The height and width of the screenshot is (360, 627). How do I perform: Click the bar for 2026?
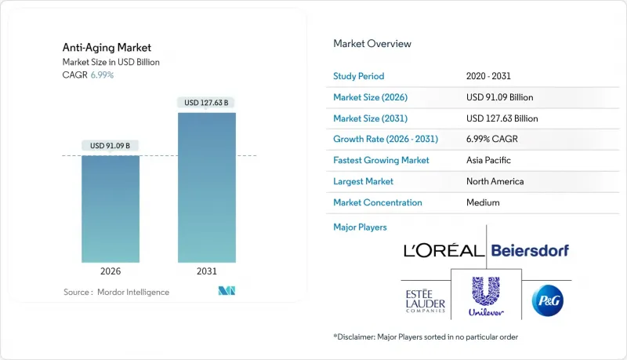pyautogui.click(x=111, y=209)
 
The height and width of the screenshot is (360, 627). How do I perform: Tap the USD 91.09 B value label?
pyautogui.click(x=111, y=145)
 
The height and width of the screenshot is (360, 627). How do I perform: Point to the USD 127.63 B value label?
pyautogui.click(x=207, y=103)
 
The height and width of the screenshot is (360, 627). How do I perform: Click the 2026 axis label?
pyautogui.click(x=111, y=271)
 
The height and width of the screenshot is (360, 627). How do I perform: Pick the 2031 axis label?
pyautogui.click(x=207, y=271)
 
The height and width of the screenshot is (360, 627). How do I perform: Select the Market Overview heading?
pyautogui.click(x=372, y=44)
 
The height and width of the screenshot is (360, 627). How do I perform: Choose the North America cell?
pyautogui.click(x=495, y=181)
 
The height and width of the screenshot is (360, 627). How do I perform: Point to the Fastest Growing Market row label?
pyautogui.click(x=382, y=160)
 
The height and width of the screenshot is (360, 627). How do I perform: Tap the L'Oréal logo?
pyautogui.click(x=444, y=251)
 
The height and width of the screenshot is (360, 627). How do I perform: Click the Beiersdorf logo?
pyautogui.click(x=530, y=251)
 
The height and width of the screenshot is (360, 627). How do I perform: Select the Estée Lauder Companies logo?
pyautogui.click(x=423, y=300)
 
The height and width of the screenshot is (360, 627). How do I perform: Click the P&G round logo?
pyautogui.click(x=548, y=300)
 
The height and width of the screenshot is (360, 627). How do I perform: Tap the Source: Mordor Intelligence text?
pyautogui.click(x=116, y=293)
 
